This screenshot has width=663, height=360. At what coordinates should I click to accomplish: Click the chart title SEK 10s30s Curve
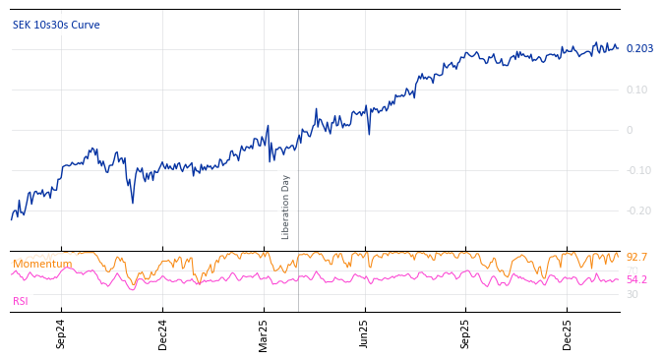(56, 26)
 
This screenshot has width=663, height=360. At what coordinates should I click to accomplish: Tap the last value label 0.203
(639, 49)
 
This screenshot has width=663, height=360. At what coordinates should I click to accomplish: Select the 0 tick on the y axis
(630, 130)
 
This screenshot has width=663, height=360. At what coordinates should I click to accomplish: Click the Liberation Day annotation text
(286, 207)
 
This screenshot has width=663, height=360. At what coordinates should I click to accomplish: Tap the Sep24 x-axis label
(61, 333)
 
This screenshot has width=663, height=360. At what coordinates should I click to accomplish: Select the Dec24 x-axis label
(163, 333)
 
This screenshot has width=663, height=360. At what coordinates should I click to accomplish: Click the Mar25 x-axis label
(264, 333)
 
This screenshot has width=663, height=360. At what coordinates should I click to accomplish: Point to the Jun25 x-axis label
(365, 333)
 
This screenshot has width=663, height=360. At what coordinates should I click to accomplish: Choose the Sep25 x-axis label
(466, 333)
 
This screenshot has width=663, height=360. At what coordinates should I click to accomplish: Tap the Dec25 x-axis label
(568, 333)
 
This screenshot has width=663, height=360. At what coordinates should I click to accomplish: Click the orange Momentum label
(42, 265)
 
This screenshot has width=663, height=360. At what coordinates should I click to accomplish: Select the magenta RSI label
(21, 302)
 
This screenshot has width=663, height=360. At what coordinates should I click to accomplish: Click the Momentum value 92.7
(636, 258)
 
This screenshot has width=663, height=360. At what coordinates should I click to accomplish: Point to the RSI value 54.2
(636, 279)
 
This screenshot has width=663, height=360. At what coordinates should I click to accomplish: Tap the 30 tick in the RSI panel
(632, 294)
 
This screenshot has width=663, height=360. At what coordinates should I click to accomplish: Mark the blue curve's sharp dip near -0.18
(133, 203)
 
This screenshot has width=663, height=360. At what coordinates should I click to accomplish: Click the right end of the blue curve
(618, 48)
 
